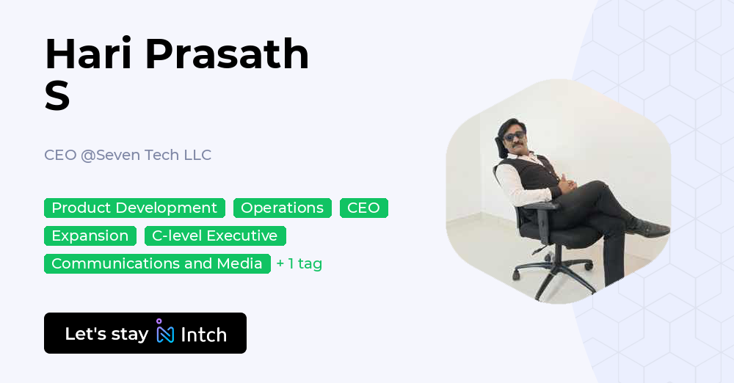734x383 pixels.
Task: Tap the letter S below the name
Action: click(57, 96)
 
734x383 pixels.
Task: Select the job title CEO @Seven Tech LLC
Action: click(128, 155)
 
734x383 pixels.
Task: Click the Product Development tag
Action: click(134, 208)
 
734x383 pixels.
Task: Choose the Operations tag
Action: click(282, 208)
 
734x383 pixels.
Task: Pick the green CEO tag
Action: click(363, 208)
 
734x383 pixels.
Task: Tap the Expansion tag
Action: click(90, 236)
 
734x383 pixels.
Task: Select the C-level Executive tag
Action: click(214, 236)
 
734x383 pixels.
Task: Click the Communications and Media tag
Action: click(157, 263)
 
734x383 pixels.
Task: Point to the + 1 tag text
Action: click(299, 263)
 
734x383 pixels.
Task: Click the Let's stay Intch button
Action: click(145, 333)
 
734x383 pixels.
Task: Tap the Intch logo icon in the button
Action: click(164, 332)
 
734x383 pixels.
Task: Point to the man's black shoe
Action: click(649, 230)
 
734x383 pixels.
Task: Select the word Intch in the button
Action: click(203, 335)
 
